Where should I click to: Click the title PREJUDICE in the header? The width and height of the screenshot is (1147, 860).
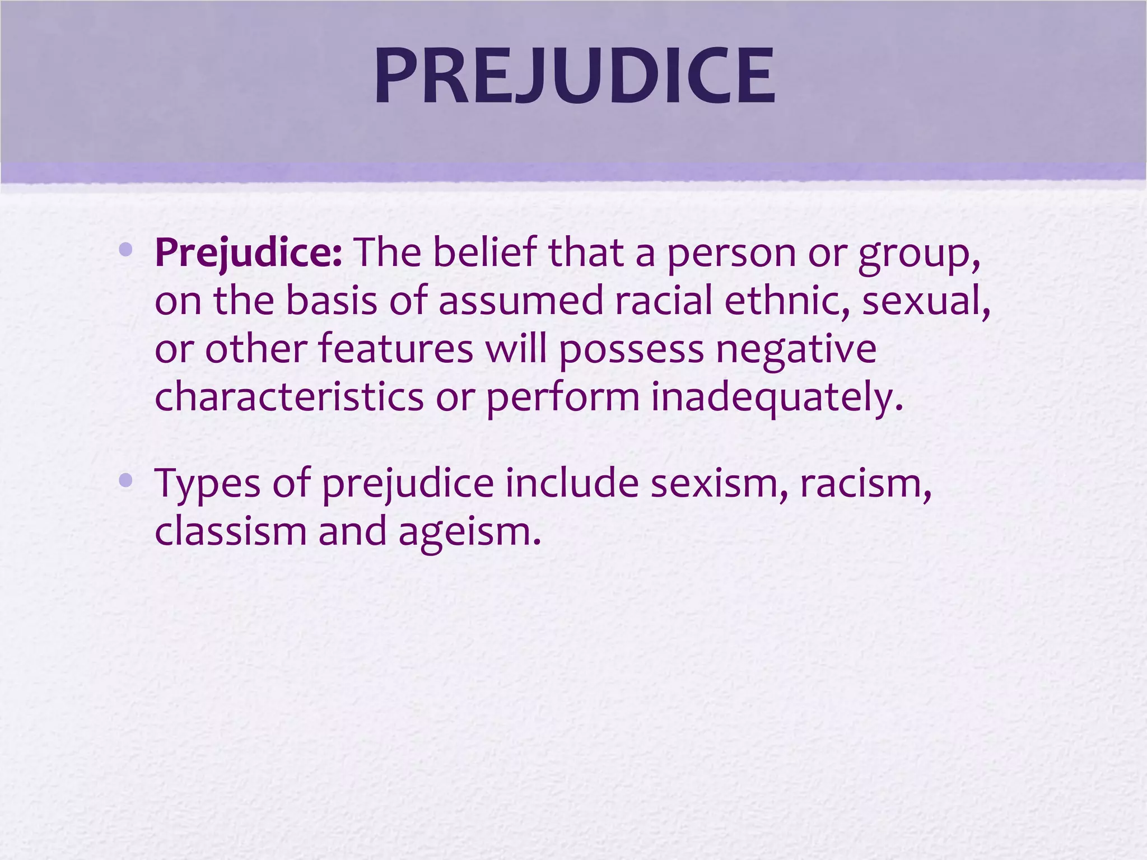click(575, 76)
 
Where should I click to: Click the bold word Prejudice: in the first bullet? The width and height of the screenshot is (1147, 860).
click(248, 253)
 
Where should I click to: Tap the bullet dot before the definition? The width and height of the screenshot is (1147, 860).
click(125, 249)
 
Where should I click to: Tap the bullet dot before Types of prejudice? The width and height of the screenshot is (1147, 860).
click(125, 480)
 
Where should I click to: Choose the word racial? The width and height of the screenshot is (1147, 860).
click(663, 301)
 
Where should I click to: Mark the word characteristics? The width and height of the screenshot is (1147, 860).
click(289, 396)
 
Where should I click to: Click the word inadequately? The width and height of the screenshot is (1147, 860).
click(777, 398)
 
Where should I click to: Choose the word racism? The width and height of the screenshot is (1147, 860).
click(865, 483)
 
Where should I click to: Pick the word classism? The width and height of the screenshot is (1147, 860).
click(230, 531)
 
